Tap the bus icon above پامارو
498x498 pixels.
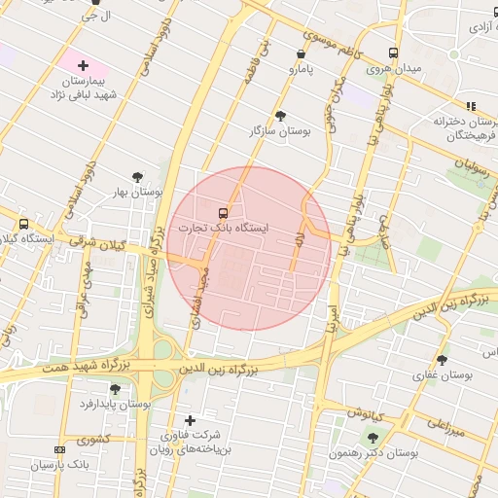point(300,54)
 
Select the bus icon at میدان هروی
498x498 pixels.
point(393,53)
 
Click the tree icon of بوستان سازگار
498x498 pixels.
point(281,115)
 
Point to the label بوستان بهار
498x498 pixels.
point(137,193)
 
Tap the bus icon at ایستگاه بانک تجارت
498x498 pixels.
point(224,212)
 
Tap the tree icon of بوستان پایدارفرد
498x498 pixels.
point(115,389)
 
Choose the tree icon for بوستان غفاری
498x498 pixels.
point(442,360)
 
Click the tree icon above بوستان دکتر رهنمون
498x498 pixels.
point(373,438)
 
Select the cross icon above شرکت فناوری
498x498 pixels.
point(190,420)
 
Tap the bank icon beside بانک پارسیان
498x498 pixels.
point(60,449)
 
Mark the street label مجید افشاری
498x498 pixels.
point(200,297)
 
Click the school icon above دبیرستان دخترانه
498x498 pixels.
point(471,106)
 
